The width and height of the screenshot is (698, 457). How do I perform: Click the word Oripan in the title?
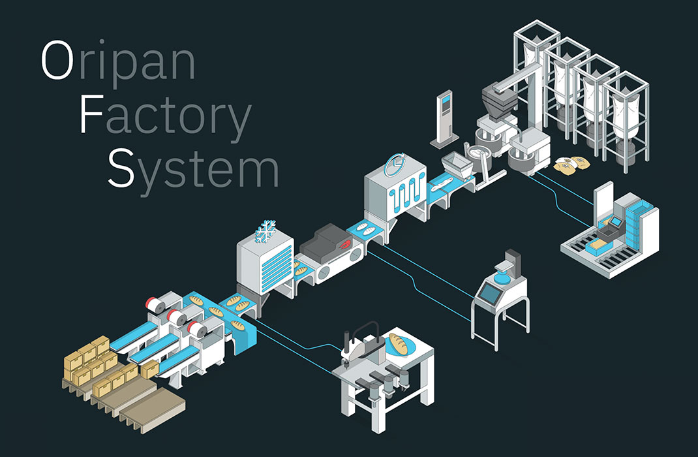[117, 61]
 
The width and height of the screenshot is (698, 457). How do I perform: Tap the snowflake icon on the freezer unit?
[266, 231]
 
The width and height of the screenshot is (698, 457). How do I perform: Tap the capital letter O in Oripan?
[55, 61]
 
